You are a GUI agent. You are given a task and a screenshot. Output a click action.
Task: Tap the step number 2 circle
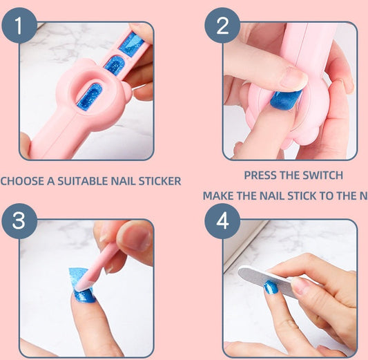pos(222,26)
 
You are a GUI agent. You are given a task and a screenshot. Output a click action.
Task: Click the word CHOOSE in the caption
pos(21,181)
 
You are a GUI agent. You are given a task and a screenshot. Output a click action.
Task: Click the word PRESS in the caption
pos(262,176)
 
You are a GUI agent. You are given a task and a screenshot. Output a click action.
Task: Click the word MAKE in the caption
pos(219,196)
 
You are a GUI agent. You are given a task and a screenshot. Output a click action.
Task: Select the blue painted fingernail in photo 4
pos(271,287)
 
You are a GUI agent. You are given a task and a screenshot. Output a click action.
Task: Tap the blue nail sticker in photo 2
pos(285,100)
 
